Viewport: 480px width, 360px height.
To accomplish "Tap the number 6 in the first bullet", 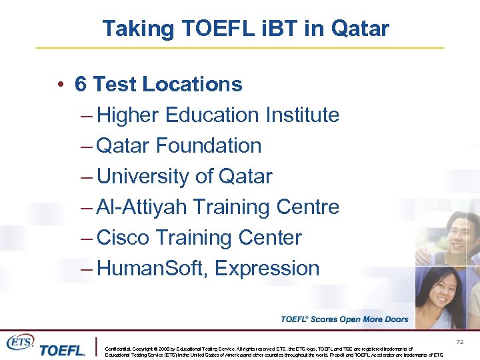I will click(81, 85).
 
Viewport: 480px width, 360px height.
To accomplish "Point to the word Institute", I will click(303, 115).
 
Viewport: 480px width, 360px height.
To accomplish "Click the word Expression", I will click(267, 269).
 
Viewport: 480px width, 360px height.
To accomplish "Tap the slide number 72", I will click(459, 342).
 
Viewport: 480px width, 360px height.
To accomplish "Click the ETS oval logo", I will click(19, 342).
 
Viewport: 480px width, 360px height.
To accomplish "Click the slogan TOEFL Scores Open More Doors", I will click(344, 319).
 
